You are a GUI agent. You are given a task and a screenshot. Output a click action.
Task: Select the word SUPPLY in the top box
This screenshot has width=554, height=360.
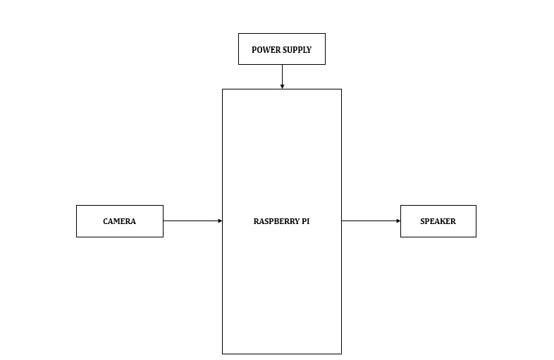[297, 50]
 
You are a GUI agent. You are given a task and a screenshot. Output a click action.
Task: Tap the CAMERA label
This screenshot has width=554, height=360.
[119, 221]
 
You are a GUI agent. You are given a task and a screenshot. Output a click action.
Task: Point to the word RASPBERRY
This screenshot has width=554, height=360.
[276, 221]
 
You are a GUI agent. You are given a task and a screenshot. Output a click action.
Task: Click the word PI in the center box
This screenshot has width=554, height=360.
[306, 221]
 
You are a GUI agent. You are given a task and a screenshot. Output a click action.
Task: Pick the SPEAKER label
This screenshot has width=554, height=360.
[438, 221]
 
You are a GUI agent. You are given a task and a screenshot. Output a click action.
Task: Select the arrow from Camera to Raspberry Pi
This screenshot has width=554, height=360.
[193, 221]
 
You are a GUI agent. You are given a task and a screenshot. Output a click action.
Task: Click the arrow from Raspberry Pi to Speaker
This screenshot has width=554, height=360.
[371, 221]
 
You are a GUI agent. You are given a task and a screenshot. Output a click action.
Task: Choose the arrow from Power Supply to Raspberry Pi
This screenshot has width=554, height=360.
[282, 77]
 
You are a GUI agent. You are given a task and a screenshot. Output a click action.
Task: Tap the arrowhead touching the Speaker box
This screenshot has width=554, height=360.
[398, 221]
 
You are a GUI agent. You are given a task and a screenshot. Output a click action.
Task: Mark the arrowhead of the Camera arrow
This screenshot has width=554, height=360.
[221, 221]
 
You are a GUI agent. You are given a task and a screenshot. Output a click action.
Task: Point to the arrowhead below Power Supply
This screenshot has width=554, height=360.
[282, 87]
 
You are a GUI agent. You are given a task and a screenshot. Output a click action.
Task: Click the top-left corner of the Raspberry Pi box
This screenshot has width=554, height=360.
[222, 89]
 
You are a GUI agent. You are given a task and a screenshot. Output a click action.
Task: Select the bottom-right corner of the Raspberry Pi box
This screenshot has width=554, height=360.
[342, 354]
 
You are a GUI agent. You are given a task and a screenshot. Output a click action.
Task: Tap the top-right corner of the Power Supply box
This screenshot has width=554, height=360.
[326, 34]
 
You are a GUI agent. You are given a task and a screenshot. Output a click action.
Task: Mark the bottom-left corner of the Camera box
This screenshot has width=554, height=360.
[76, 237]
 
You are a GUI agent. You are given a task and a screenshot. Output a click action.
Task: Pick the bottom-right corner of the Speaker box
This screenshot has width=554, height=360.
[476, 237]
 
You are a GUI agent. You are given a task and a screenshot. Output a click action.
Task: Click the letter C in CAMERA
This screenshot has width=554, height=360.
[105, 221]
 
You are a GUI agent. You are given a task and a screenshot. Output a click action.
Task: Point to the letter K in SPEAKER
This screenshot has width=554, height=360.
[442, 221]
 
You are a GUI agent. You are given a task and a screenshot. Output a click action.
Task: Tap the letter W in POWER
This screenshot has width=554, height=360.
[266, 50]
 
